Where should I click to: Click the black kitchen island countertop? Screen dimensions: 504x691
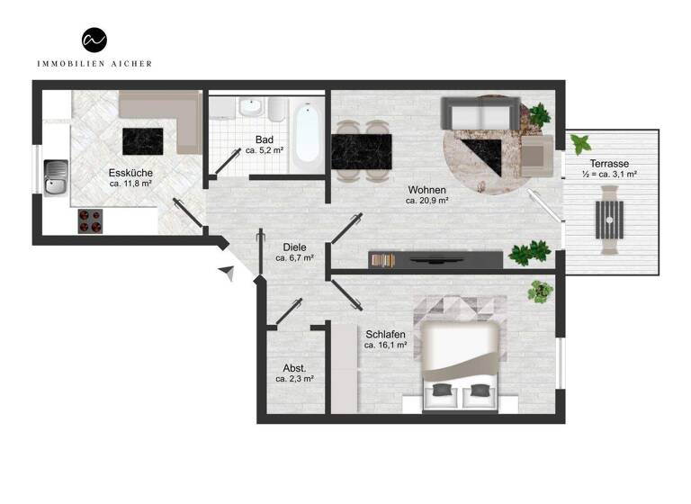143,141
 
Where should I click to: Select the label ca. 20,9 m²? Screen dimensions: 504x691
426,201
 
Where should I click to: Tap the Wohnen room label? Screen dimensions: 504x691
426,190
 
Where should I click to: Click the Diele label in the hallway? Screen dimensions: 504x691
294,246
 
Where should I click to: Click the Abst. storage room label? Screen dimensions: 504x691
294,368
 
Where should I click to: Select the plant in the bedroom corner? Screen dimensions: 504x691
540,290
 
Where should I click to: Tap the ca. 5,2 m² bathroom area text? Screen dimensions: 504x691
265,151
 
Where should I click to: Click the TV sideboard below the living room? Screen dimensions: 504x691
435,259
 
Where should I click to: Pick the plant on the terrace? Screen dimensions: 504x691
579,142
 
